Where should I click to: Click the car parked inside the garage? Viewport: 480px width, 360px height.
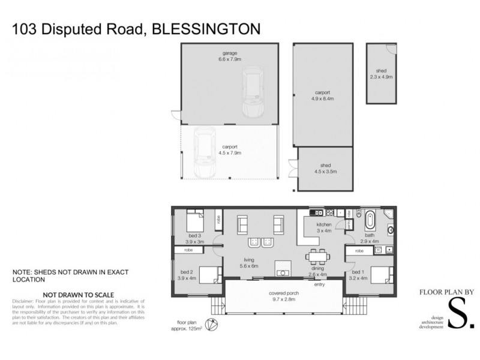252,94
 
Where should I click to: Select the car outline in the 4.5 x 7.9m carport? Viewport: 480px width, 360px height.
204,154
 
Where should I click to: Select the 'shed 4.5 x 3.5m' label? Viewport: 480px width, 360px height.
325,168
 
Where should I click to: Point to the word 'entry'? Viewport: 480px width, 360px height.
319,284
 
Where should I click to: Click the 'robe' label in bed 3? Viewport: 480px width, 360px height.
218,220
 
